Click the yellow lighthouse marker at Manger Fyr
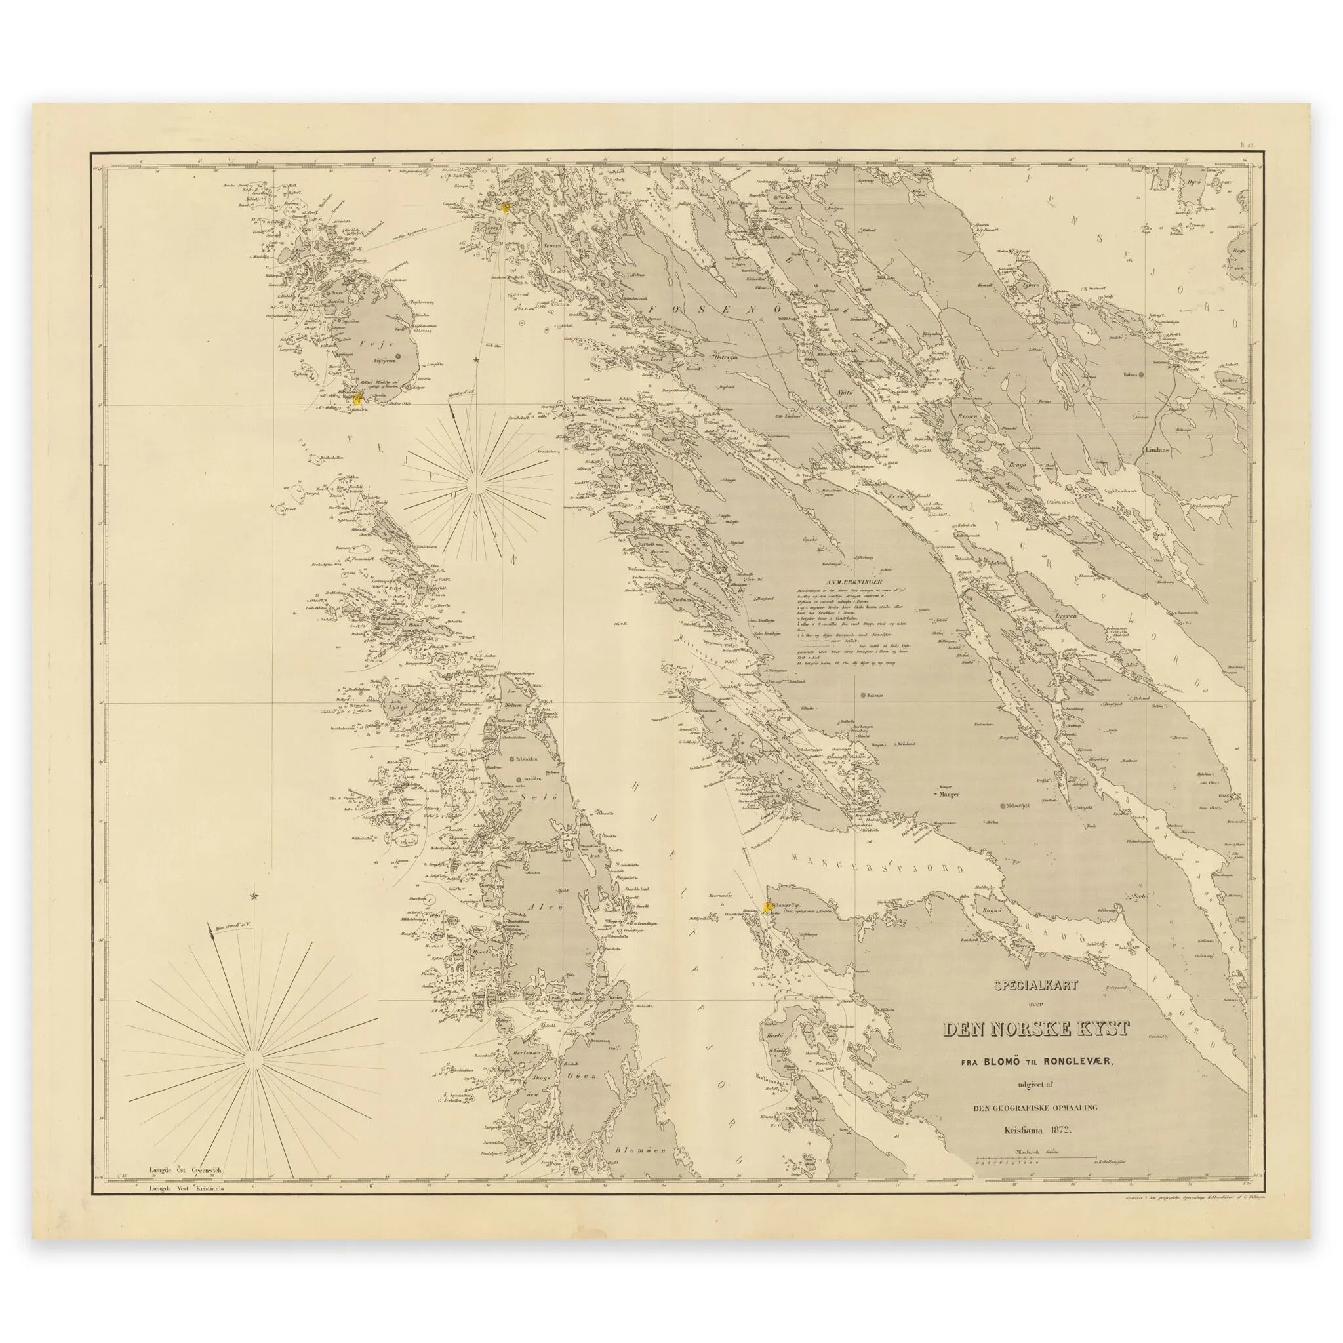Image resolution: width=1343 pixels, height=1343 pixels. coord(768,906)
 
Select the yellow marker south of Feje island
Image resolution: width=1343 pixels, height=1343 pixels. coord(357,397)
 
